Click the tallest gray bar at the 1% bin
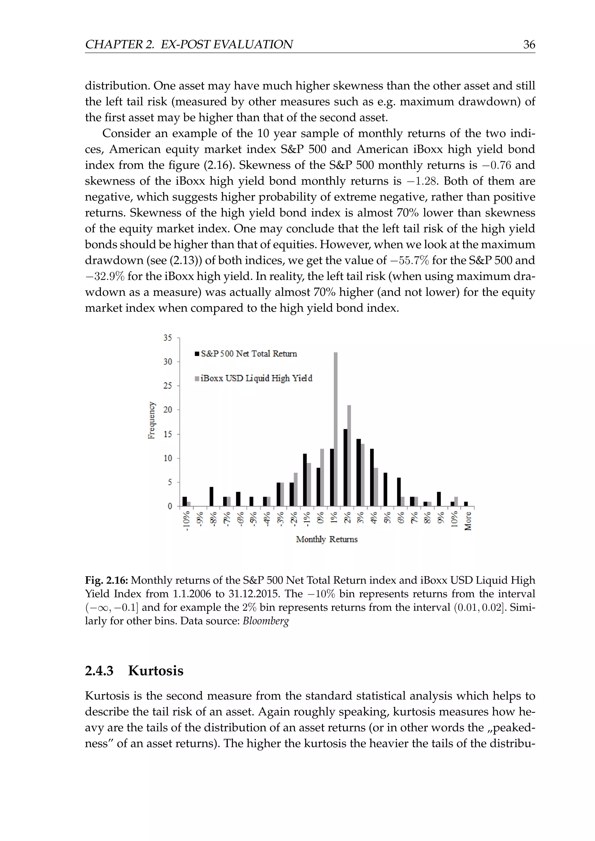pyautogui.click(x=336, y=429)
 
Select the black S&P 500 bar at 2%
pyautogui.click(x=345, y=467)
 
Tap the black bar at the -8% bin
pyautogui.click(x=212, y=496)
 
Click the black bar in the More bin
pyautogui.click(x=466, y=504)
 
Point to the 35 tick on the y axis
pyautogui.click(x=167, y=338)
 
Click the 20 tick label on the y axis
pyautogui.click(x=167, y=410)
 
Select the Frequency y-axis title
pyautogui.click(x=151, y=420)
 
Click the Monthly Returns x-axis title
pyautogui.click(x=327, y=540)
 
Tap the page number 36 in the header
pyautogui.click(x=529, y=45)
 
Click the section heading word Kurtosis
pyautogui.click(x=156, y=671)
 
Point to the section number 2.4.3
pyautogui.click(x=99, y=671)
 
